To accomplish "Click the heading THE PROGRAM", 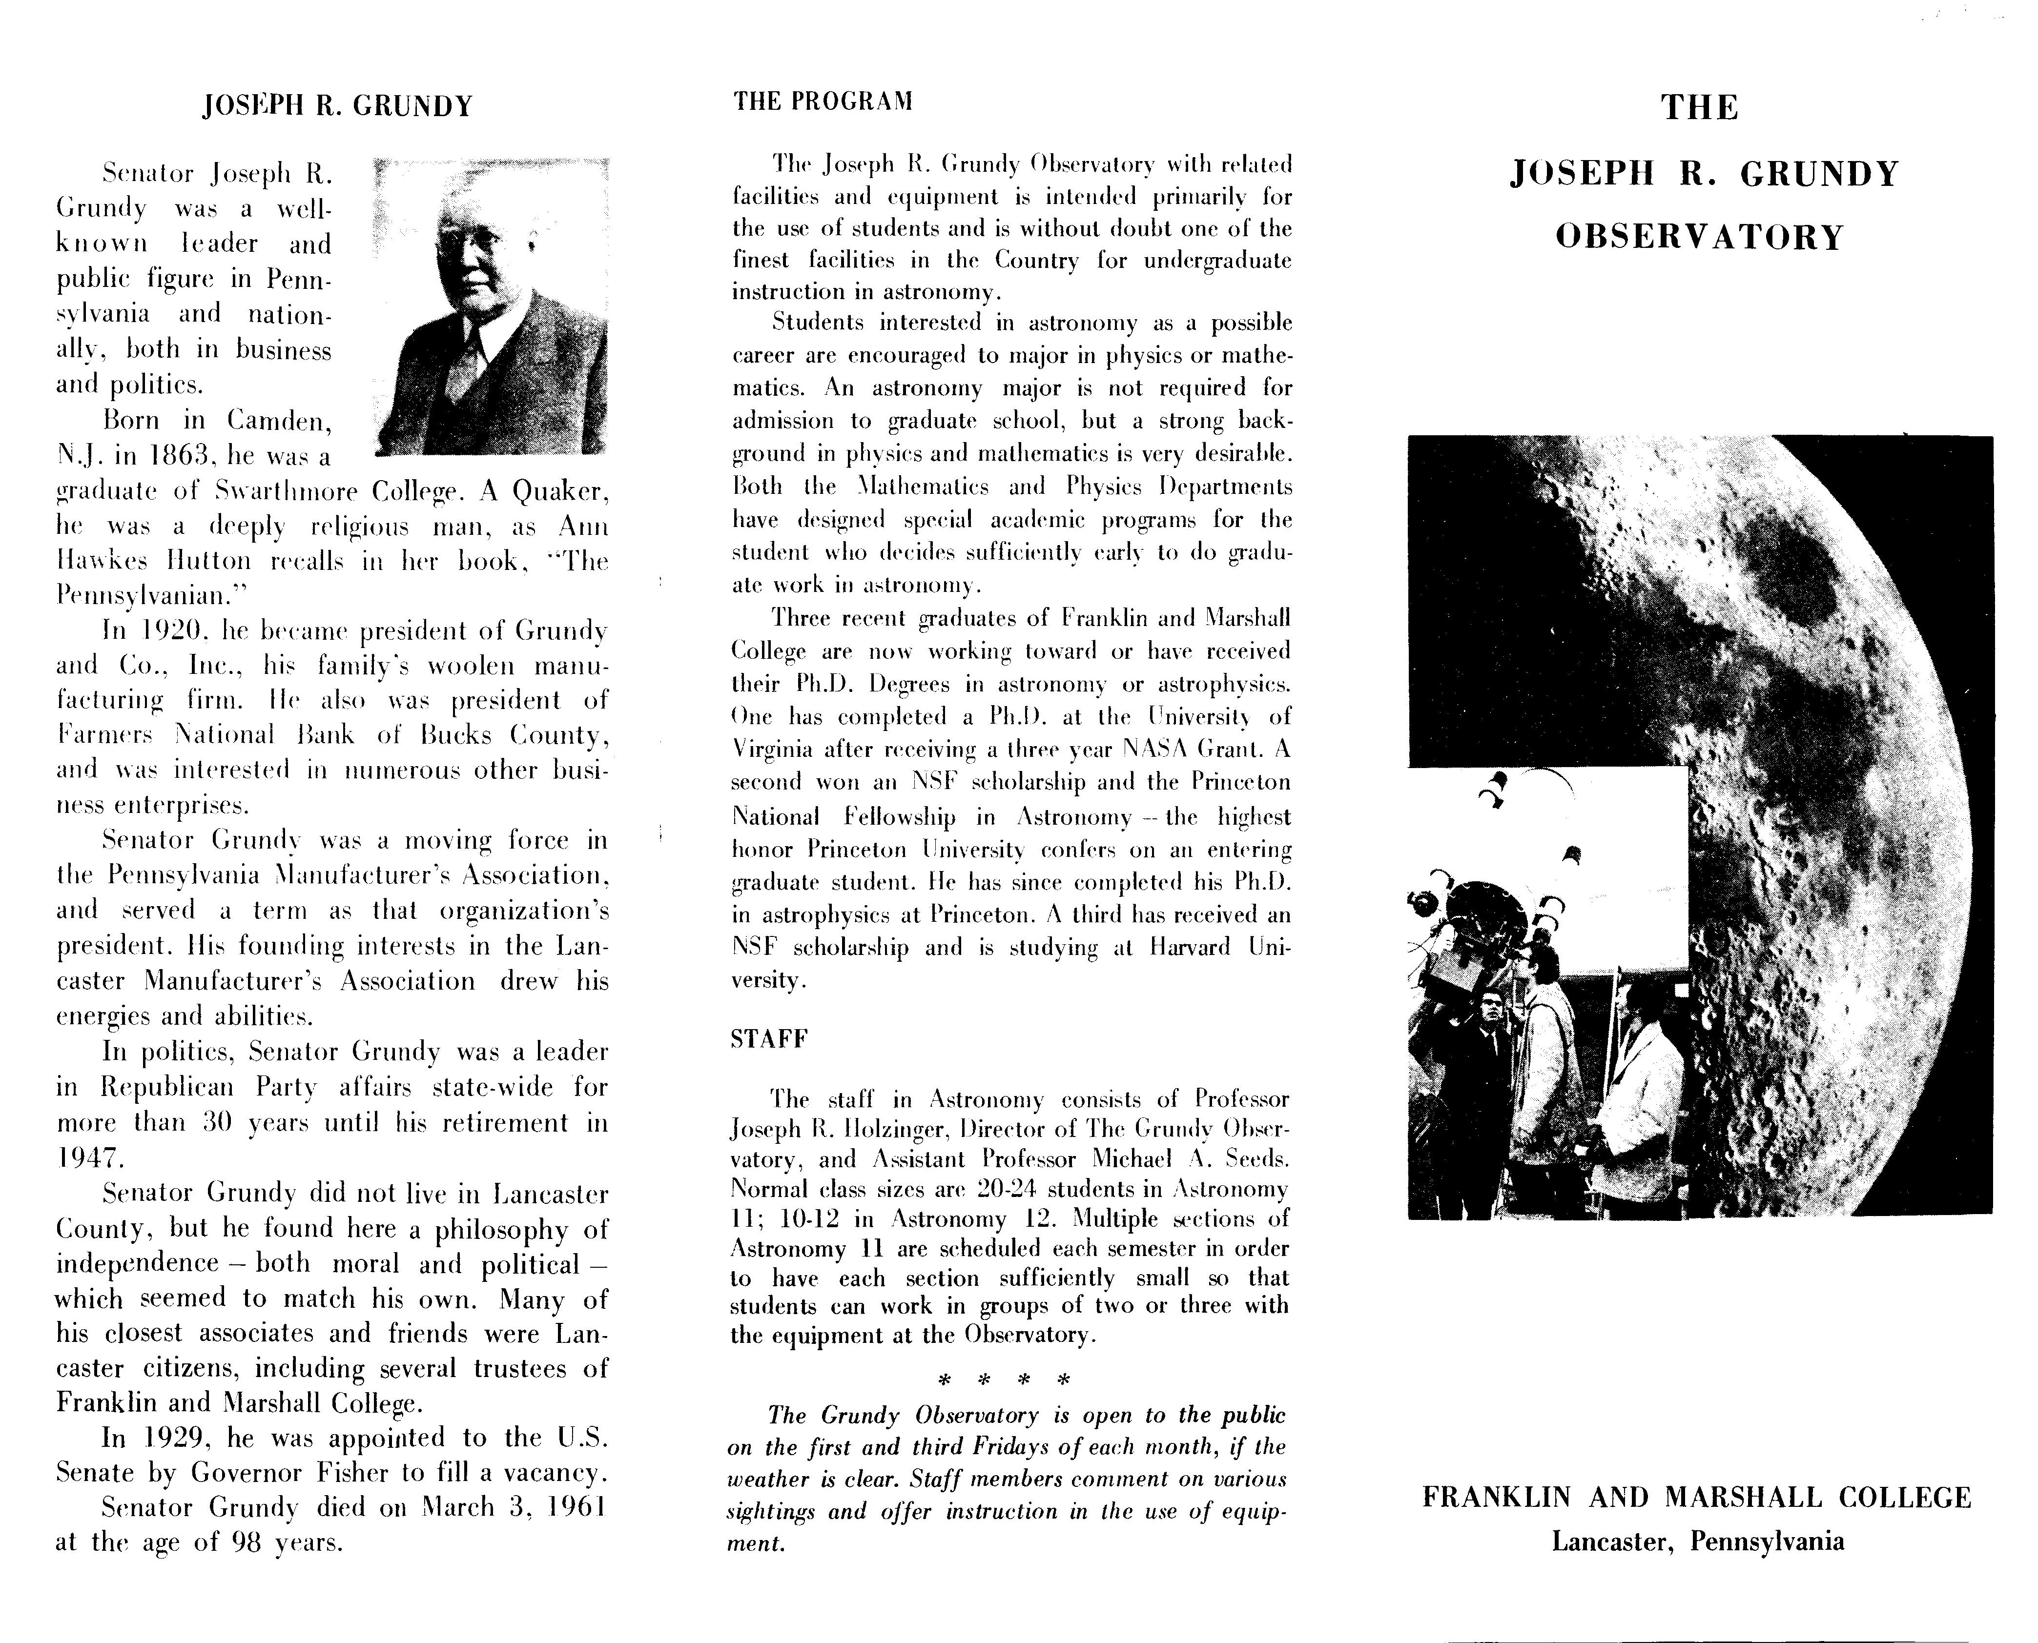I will pyautogui.click(x=823, y=101).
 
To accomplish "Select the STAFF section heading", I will pyautogui.click(x=769, y=1039).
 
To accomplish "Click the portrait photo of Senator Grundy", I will pyautogui.click(x=491, y=305).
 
